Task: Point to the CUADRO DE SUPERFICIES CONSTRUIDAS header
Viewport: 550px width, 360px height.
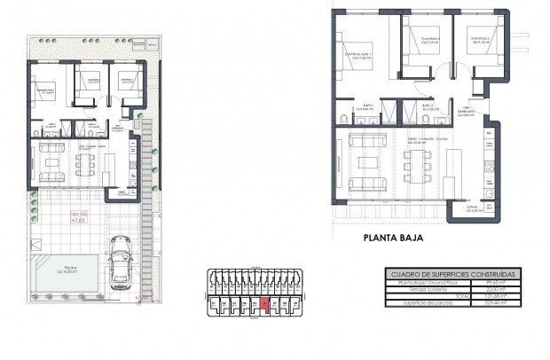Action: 453,274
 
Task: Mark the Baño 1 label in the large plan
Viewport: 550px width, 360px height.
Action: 368,106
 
